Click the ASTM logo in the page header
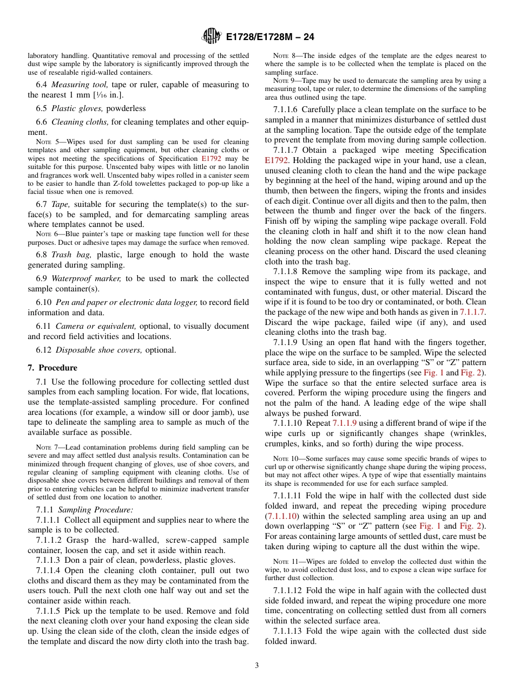click(211, 37)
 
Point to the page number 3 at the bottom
click(257, 666)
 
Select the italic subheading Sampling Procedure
click(95, 510)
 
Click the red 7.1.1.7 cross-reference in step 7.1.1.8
click(472, 312)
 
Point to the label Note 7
click(47, 447)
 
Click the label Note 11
click(284, 562)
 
